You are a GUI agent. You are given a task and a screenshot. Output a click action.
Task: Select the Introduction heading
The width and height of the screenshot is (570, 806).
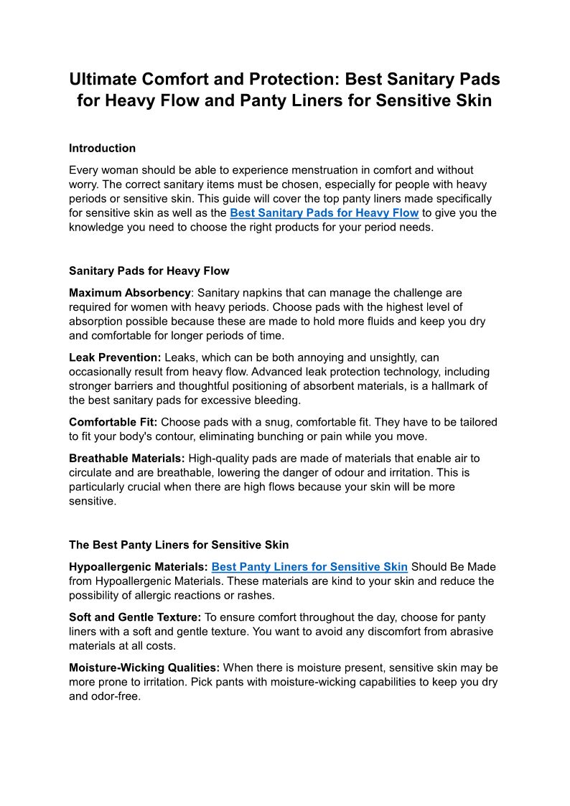pyautogui.click(x=102, y=149)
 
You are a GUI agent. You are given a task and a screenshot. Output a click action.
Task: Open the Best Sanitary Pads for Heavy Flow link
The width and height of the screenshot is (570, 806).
pyautogui.click(x=324, y=213)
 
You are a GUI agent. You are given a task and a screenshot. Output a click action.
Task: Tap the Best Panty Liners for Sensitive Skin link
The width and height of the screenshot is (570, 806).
pyautogui.click(x=309, y=567)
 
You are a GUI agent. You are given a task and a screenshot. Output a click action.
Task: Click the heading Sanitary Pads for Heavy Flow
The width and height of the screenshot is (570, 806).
pyautogui.click(x=149, y=271)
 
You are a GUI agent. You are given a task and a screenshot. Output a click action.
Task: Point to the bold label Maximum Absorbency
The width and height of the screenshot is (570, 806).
pyautogui.click(x=130, y=293)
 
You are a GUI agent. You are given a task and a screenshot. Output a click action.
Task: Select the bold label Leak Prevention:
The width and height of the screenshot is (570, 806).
pyautogui.click(x=115, y=357)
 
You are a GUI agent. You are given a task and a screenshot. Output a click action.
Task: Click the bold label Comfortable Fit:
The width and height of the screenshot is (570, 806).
pyautogui.click(x=113, y=422)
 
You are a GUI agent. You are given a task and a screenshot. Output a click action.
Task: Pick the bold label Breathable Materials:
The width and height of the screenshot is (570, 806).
pyautogui.click(x=126, y=458)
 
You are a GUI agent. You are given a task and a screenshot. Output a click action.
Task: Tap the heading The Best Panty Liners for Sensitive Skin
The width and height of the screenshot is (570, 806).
pyautogui.click(x=179, y=545)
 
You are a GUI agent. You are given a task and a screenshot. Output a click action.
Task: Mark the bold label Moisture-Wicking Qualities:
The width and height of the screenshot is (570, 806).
pyautogui.click(x=144, y=667)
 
